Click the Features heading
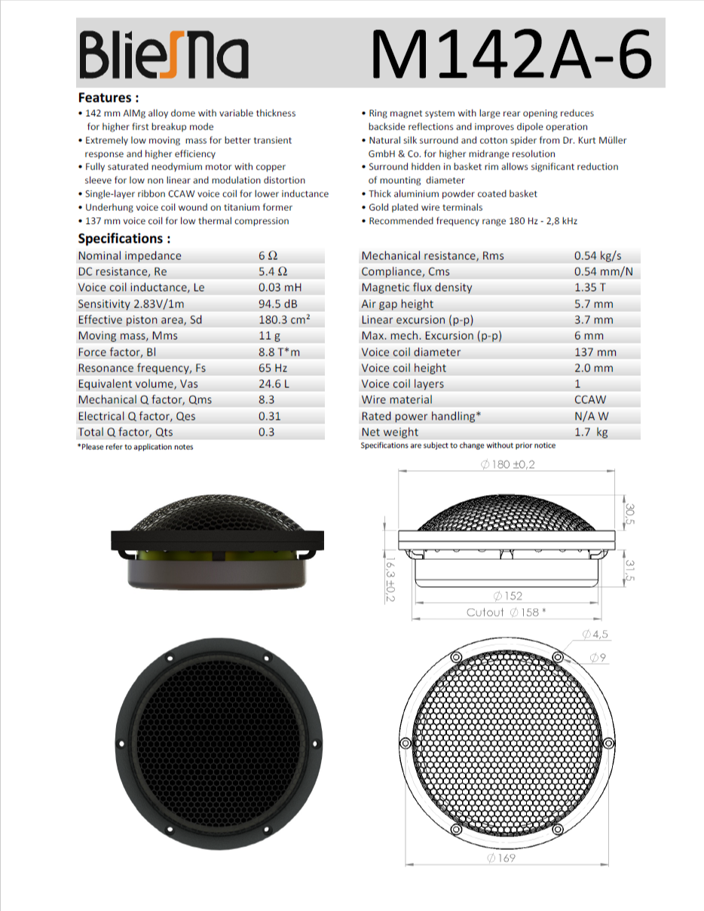click(109, 98)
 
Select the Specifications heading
click(124, 239)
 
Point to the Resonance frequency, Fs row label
click(142, 368)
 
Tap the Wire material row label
click(399, 400)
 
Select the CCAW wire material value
click(590, 400)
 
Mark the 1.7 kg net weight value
click(591, 433)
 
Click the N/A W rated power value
click(592, 416)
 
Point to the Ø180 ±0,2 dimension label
click(507, 465)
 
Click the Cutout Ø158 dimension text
click(506, 612)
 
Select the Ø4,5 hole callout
click(595, 634)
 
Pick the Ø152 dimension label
click(507, 596)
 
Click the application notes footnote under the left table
click(136, 447)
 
